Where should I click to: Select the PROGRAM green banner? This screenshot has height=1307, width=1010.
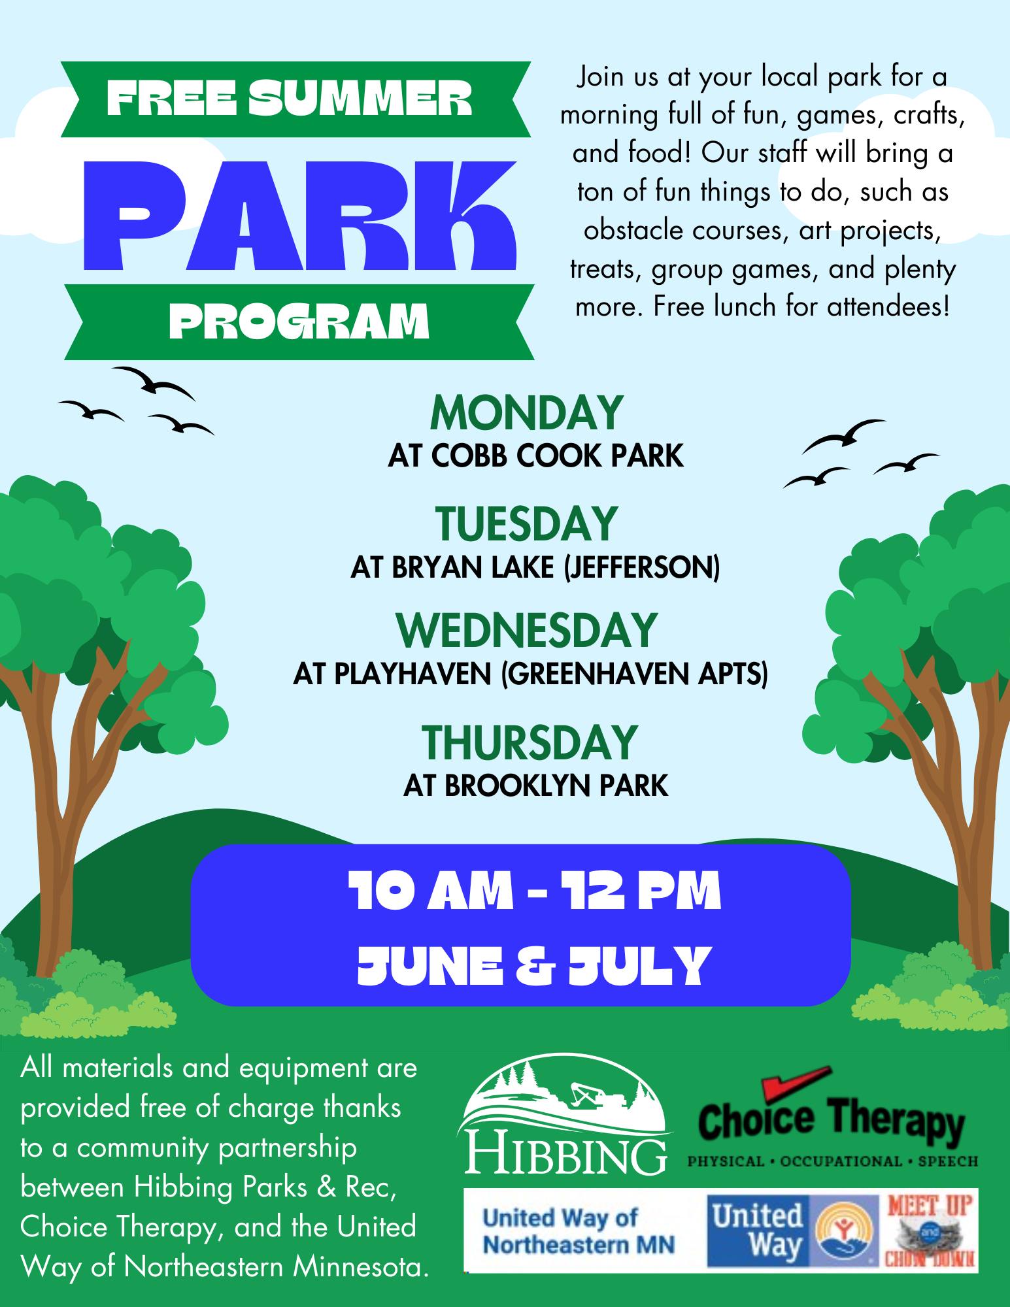(299, 322)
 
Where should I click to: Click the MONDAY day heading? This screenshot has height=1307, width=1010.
(526, 414)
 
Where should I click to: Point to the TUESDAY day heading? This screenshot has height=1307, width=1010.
(526, 524)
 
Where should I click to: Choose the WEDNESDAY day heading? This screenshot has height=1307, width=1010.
(526, 630)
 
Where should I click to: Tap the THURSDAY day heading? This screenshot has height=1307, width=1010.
(528, 742)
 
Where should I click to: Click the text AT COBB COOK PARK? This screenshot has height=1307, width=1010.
(535, 456)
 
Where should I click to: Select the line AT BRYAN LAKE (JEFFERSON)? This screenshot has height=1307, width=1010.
(535, 567)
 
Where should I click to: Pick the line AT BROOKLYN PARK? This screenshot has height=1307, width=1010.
(535, 785)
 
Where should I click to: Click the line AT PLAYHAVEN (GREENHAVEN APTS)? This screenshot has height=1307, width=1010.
(530, 674)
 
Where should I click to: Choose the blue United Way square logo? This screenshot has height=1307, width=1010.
(758, 1231)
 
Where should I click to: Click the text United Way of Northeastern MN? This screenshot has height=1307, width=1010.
(579, 1230)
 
